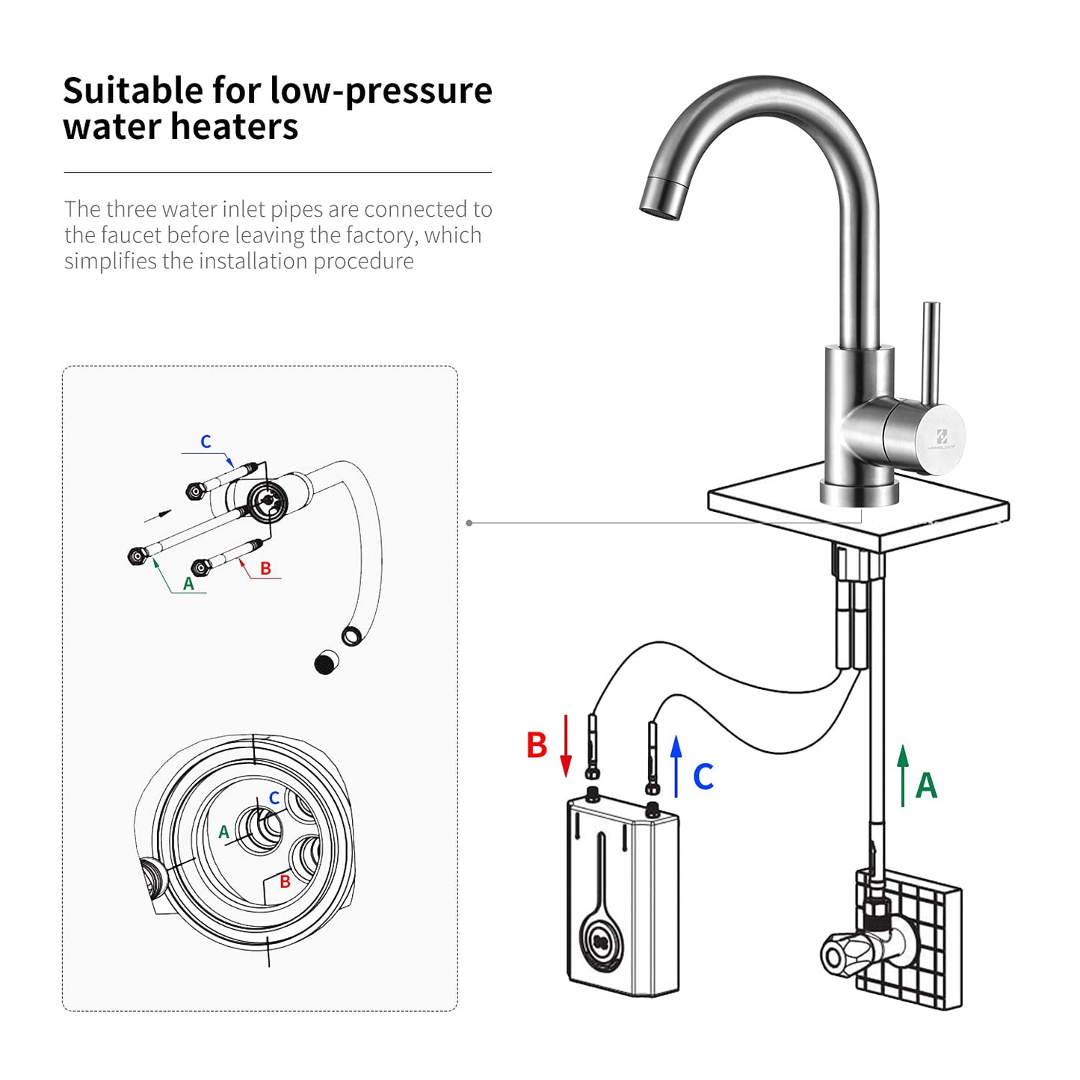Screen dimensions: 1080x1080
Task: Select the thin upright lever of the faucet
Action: (x=930, y=351)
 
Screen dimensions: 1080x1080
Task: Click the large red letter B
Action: (x=537, y=746)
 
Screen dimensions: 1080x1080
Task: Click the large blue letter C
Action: (x=703, y=777)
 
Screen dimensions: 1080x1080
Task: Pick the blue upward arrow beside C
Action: (x=676, y=766)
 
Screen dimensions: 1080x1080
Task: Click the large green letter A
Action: (x=926, y=786)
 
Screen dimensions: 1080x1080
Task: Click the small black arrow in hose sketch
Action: (x=158, y=516)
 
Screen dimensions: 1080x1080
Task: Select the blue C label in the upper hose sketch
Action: (x=206, y=442)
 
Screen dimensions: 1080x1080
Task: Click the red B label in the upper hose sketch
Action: (x=265, y=569)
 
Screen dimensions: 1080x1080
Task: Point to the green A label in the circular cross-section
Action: (x=223, y=832)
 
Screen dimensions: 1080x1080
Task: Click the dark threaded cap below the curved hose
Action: (x=326, y=662)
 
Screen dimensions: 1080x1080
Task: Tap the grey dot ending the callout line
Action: (x=469, y=523)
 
